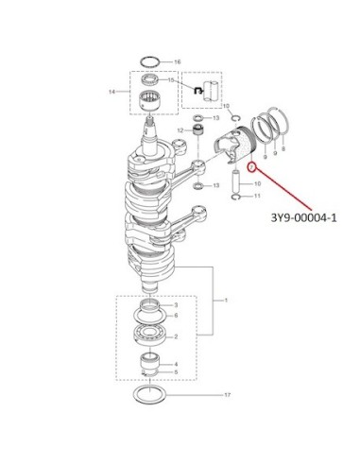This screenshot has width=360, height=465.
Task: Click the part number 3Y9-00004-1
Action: click(303, 217)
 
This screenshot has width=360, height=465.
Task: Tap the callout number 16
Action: click(178, 62)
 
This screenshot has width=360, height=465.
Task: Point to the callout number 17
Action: click(228, 395)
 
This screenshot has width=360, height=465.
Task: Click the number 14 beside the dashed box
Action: click(112, 92)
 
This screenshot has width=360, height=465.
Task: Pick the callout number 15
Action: click(171, 80)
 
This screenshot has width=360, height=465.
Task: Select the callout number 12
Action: click(180, 130)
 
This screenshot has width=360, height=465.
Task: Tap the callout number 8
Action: click(283, 148)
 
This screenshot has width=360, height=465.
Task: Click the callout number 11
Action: click(257, 196)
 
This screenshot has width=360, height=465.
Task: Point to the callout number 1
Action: click(226, 301)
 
